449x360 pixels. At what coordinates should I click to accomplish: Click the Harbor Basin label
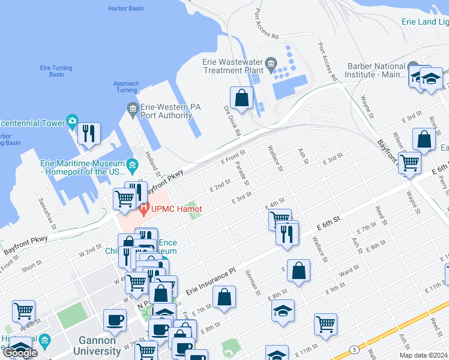point(126,8)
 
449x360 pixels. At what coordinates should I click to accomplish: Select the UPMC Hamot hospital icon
point(143,209)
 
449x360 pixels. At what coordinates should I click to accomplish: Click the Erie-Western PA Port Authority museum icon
point(133,107)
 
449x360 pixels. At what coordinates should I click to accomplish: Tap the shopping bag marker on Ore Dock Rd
point(241,98)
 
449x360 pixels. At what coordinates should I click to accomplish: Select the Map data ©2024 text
point(423,355)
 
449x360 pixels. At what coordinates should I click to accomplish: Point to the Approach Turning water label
point(126,87)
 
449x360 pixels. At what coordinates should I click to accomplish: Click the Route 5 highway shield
point(355,349)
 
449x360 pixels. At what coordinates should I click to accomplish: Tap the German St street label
point(252,283)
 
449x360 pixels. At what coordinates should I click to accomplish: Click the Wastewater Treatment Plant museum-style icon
point(271,62)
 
